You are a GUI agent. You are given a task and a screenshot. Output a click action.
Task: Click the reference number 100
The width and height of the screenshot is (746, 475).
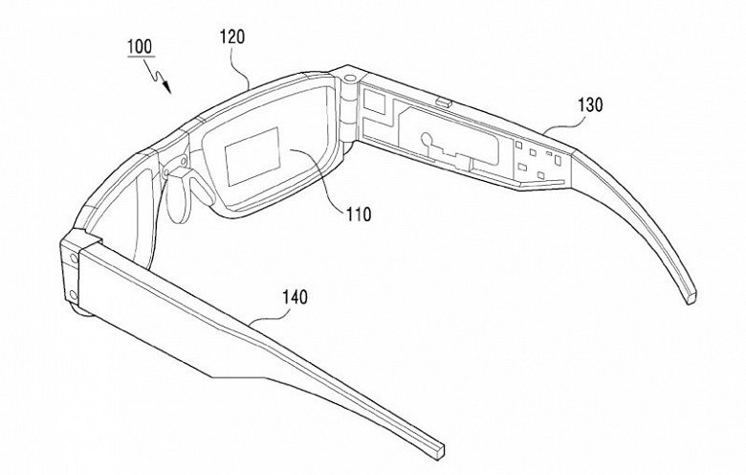(x=140, y=47)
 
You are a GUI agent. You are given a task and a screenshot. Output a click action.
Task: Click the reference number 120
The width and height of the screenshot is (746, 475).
(x=232, y=36)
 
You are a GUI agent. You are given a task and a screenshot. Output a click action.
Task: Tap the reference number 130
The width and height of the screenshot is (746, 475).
(x=590, y=104)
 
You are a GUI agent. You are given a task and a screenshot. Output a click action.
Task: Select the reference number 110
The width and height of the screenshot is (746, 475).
(x=359, y=215)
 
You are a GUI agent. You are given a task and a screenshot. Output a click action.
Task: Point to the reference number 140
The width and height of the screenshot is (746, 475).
(x=295, y=297)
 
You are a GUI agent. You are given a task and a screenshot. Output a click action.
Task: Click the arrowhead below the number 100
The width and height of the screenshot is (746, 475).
(x=166, y=87)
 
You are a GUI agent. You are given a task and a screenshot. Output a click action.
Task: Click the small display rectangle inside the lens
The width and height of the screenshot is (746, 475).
(x=252, y=156)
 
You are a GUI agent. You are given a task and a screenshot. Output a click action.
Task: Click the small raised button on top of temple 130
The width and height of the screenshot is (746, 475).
(x=445, y=102)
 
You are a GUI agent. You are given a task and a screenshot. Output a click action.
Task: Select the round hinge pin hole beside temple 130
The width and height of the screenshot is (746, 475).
(x=351, y=78)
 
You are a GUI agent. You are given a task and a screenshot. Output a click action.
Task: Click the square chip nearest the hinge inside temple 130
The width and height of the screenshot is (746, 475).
(x=374, y=102)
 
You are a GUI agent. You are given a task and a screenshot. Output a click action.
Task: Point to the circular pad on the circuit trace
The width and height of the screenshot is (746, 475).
(x=427, y=139)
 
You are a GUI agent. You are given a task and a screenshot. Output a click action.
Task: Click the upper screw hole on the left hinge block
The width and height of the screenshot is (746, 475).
(x=74, y=259)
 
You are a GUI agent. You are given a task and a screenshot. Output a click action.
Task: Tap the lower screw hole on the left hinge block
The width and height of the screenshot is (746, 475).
(x=73, y=295)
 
